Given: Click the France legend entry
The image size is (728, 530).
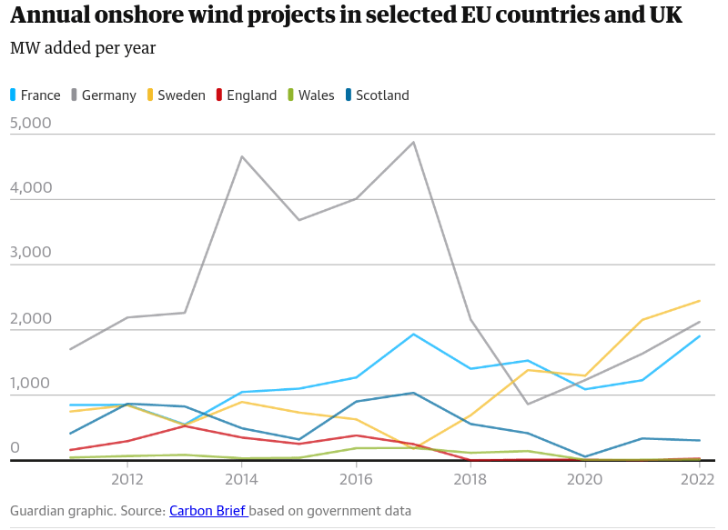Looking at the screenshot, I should [x=40, y=95].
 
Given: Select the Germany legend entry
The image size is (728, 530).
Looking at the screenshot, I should [x=108, y=95].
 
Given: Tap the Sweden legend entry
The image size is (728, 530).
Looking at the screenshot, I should [x=181, y=95].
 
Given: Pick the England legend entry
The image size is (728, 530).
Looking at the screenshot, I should [x=251, y=95].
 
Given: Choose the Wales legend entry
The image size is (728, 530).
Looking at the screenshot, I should [x=316, y=95].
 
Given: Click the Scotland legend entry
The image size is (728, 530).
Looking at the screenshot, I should [x=381, y=95].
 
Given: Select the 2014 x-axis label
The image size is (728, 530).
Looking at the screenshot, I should [x=241, y=479].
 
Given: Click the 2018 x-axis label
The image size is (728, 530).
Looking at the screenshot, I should [x=470, y=479].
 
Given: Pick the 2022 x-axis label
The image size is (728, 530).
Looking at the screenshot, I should [x=698, y=479].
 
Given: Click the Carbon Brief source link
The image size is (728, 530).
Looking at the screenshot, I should [x=207, y=511].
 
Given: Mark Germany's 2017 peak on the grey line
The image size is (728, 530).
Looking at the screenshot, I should [x=413, y=142].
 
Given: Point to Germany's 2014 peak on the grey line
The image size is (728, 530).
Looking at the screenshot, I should [x=241, y=156].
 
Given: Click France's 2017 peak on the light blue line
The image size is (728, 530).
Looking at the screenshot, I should [x=413, y=334].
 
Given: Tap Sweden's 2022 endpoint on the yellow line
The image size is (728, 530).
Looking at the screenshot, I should [x=700, y=300].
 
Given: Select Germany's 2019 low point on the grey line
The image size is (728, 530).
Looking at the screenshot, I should [x=528, y=404].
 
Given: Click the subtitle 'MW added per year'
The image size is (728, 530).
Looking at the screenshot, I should [x=83, y=48].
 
